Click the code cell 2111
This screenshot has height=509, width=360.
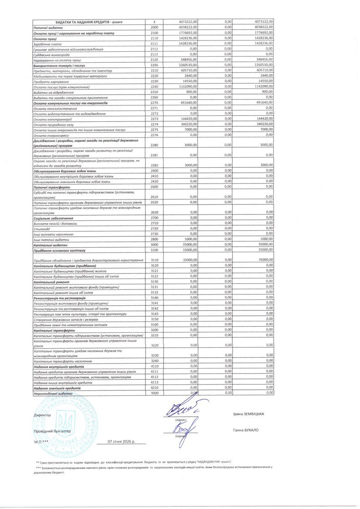154,43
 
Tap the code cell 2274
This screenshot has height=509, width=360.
154,124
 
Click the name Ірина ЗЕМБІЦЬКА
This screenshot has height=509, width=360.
248,414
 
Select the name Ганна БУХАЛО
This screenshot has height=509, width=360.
245,430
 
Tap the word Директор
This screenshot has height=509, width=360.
43,415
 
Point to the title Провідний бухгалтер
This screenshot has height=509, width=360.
52,430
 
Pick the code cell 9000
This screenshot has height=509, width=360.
154,392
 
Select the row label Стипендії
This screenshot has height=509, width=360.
43,229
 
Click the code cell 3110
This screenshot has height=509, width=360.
154,259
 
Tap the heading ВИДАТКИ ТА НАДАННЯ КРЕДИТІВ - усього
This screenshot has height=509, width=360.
89,22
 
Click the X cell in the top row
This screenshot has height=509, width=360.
154,22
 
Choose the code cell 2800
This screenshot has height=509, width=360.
154,239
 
